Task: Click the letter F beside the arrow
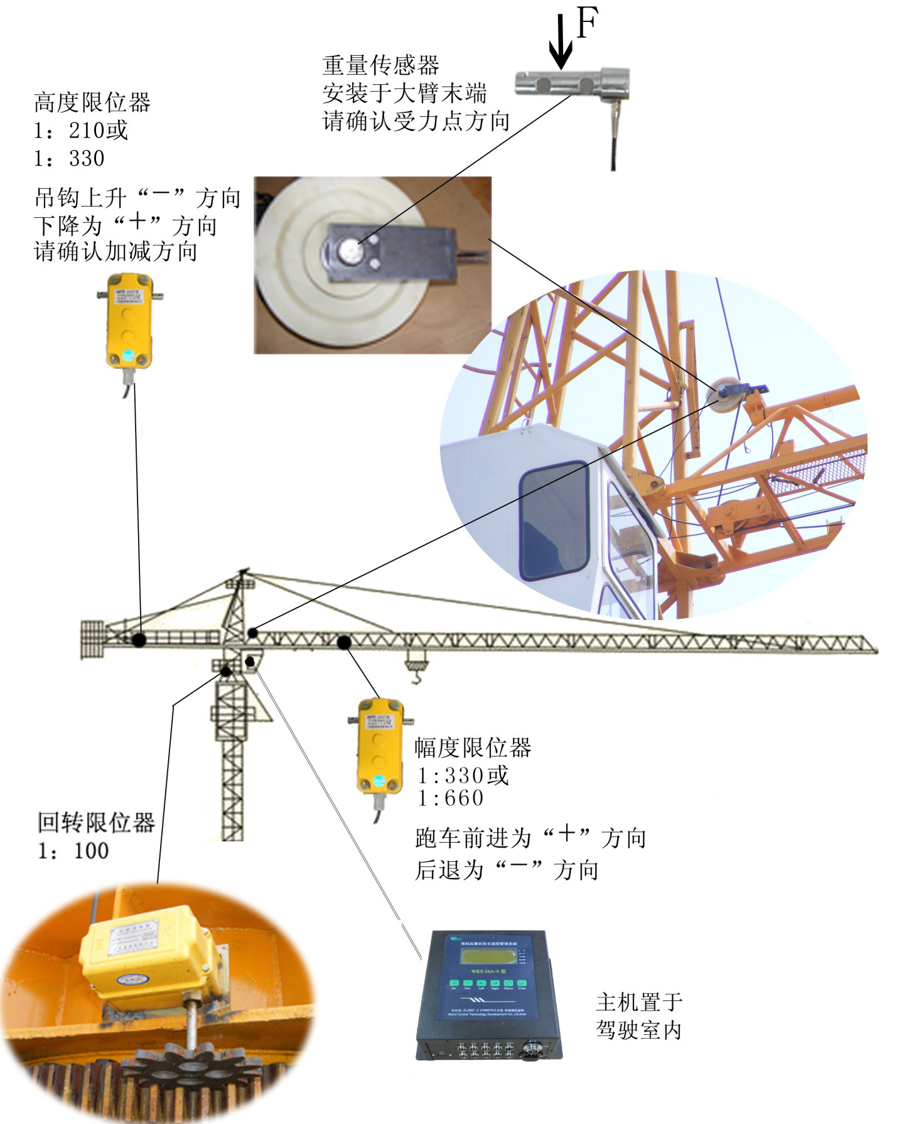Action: click(x=586, y=25)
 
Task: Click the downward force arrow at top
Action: click(x=560, y=44)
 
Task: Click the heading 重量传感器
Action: click(x=380, y=65)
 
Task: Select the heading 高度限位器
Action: click(x=92, y=102)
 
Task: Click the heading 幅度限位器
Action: click(x=473, y=748)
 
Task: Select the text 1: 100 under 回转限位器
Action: click(x=73, y=850)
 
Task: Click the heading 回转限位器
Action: click(x=95, y=822)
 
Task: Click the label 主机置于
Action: click(x=638, y=1002)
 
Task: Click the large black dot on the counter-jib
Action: click(x=139, y=640)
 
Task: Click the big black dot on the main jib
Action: click(x=344, y=642)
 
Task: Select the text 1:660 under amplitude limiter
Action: click(x=451, y=798)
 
